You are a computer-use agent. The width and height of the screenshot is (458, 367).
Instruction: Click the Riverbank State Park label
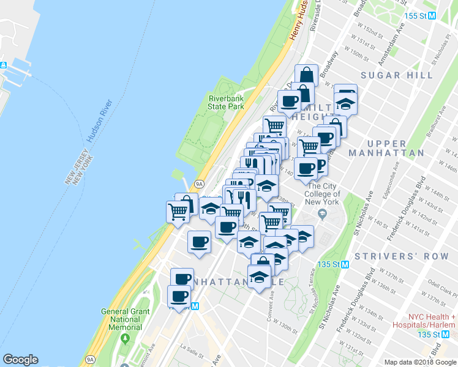pos(226,102)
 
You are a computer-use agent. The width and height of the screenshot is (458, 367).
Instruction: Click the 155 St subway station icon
pos(432,17)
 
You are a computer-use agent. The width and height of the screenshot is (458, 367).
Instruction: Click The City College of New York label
pos(323,194)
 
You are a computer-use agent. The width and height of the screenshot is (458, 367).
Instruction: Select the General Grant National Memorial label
pos(125,319)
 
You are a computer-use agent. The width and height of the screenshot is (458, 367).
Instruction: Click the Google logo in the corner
pos(20,360)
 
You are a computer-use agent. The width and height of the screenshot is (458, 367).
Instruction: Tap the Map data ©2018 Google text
pos(419,362)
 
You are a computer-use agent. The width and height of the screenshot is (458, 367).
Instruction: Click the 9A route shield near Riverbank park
pos(199,183)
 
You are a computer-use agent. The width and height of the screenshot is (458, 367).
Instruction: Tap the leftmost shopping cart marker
pos(178,212)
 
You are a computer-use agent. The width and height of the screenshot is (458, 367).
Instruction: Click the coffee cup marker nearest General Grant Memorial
pos(179,297)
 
